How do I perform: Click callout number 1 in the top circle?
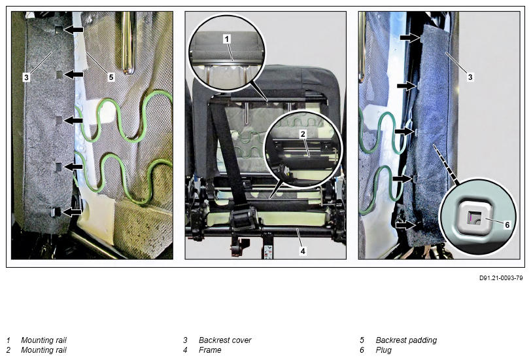(x=227, y=39)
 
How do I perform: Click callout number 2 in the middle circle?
(x=303, y=134)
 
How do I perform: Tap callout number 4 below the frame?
(x=303, y=251)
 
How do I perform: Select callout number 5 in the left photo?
(x=111, y=77)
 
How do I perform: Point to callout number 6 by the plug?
(x=507, y=225)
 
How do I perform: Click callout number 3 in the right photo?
(x=470, y=77)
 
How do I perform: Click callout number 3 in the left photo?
(x=26, y=77)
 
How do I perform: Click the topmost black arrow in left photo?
(x=73, y=30)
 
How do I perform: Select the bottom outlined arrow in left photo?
(x=73, y=212)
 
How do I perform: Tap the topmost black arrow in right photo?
(x=410, y=37)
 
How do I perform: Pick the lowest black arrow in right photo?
(x=406, y=225)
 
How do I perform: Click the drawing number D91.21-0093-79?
(x=501, y=278)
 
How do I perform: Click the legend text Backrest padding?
(x=406, y=340)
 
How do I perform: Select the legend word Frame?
(x=210, y=350)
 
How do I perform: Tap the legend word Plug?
(x=383, y=350)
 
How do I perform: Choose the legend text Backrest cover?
(x=225, y=340)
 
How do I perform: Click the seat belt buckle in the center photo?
(x=243, y=219)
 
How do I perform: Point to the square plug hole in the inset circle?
(x=473, y=217)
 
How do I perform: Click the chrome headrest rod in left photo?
(x=128, y=43)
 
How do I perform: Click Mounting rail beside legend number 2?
(x=44, y=350)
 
